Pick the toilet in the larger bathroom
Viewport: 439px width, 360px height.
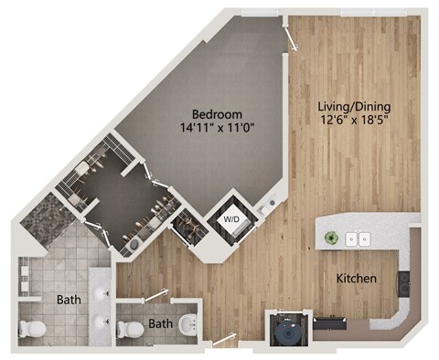(x=34, y=328)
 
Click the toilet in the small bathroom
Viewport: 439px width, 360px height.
(x=133, y=328)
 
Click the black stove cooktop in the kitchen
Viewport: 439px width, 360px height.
(x=403, y=283)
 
